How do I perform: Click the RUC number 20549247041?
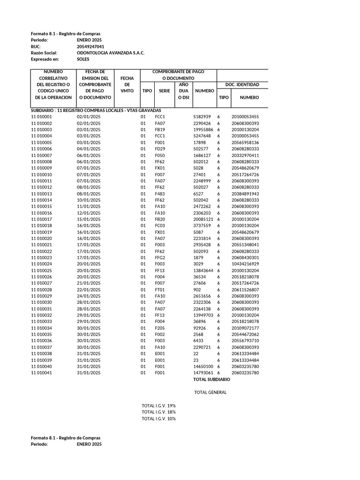tap(90, 47)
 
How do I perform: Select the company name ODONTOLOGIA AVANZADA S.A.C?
tap(111, 53)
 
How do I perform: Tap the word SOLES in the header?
tap(83, 60)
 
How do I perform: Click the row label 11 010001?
tap(42, 116)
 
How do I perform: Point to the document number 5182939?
tap(202, 116)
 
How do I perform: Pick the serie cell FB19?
tap(160, 129)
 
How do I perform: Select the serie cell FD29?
tap(160, 149)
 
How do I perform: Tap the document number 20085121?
tap(203, 219)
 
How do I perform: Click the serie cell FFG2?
tap(160, 257)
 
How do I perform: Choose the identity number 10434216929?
tap(245, 264)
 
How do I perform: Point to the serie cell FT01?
tap(160, 290)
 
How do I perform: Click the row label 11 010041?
tap(42, 373)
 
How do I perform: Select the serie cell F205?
tap(160, 328)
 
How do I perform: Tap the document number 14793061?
tap(203, 373)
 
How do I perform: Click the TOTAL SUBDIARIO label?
tap(212, 379)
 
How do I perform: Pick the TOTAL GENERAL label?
tap(210, 392)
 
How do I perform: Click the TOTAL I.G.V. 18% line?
tap(158, 412)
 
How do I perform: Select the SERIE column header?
tap(165, 90)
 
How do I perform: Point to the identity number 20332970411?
tap(245, 155)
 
